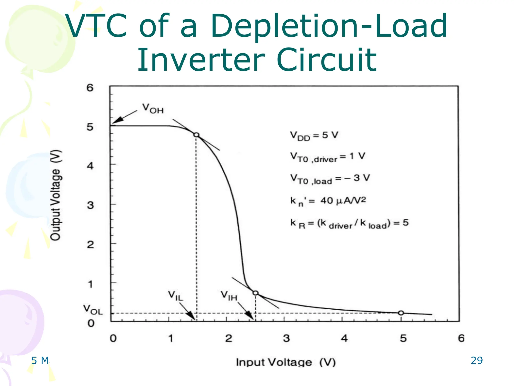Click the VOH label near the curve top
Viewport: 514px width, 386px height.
[x=153, y=109]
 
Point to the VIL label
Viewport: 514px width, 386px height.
[x=176, y=296]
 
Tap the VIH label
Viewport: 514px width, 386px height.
[x=229, y=296]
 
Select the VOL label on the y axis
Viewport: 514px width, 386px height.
[x=93, y=310]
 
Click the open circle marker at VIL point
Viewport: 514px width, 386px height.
[x=197, y=135]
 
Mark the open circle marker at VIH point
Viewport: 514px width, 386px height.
[x=255, y=293]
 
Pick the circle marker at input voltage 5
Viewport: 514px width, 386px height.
[x=401, y=313]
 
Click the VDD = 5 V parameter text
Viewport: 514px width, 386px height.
[x=314, y=136]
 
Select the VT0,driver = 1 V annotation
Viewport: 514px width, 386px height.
[x=328, y=157]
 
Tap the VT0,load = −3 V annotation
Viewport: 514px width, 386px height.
[x=330, y=179]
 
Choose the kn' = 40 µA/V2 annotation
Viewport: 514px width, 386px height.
[x=328, y=201]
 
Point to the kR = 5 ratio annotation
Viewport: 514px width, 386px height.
[x=349, y=223]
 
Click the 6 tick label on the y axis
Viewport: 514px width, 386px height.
[x=90, y=88]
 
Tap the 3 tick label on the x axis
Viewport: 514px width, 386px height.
[x=286, y=338]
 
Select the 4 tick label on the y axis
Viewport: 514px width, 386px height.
[x=90, y=166]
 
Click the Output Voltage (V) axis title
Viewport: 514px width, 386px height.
[x=55, y=195]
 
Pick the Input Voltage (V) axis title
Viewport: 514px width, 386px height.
[x=286, y=362]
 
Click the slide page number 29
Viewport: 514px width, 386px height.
[x=476, y=361]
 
